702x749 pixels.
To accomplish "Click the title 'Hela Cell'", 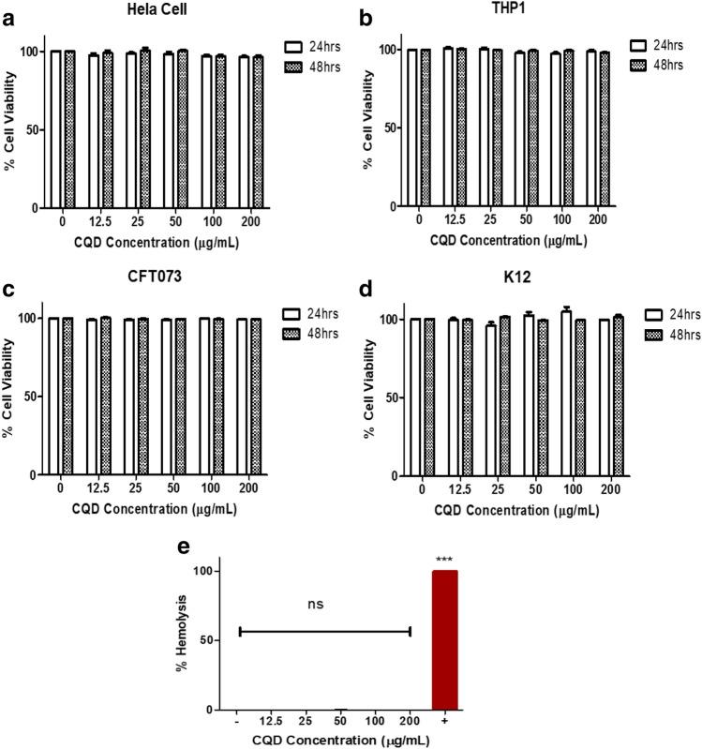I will click(155, 8).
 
